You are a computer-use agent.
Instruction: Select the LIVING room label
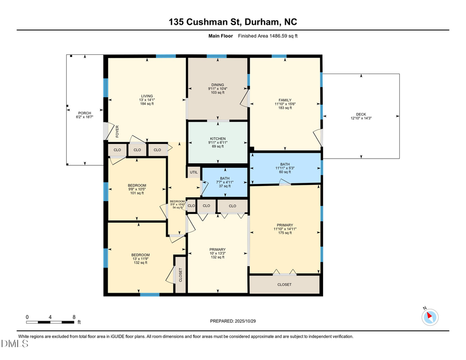[147, 96]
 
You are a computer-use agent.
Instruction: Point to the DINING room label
[217, 84]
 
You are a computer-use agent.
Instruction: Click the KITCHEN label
[217, 139]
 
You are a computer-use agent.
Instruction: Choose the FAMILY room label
[285, 100]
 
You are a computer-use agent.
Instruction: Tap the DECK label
[361, 114]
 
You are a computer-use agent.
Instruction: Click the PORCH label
[84, 113]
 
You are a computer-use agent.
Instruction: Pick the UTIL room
[194, 172]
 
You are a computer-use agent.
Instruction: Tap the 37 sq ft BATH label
[225, 178]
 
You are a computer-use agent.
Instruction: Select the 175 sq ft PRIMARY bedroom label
[285, 225]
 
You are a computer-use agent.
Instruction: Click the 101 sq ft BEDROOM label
[137, 185]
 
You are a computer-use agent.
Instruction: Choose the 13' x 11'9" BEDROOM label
[140, 255]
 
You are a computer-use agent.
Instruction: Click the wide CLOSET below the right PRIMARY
[284, 284]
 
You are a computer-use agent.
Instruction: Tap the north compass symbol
[430, 316]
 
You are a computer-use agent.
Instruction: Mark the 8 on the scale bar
[74, 316]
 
